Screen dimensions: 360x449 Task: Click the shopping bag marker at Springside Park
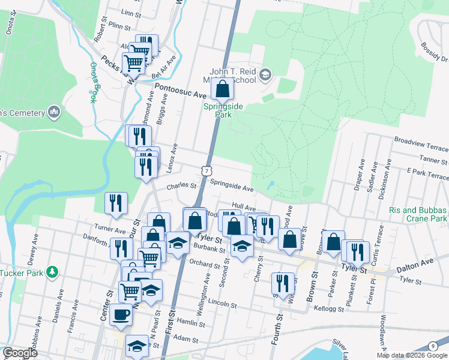tap(222, 90)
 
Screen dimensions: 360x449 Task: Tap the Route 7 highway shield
tap(206, 172)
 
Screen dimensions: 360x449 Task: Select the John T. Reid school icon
tap(265, 75)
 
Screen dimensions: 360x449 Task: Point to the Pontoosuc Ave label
tap(181, 91)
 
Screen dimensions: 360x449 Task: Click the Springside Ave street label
tap(232, 187)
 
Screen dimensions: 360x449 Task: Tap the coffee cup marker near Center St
tap(121, 314)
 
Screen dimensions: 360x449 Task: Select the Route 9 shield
tap(433, 346)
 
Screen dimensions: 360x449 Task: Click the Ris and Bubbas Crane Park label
tap(418, 215)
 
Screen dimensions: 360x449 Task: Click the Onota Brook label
tap(93, 82)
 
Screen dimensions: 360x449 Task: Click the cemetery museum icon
tap(54, 112)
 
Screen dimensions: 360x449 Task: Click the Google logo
tap(20, 353)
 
